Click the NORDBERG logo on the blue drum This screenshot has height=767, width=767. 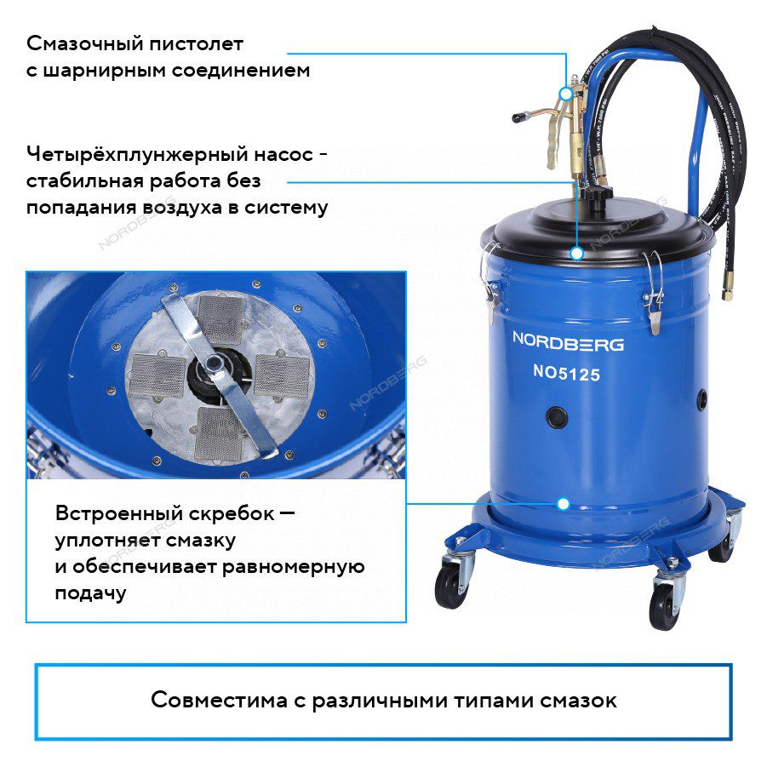point(568,341)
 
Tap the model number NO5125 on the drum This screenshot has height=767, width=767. point(566,374)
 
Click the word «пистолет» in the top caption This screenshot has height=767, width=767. point(196,44)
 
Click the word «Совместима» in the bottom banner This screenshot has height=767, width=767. point(219,700)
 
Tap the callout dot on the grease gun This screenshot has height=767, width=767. point(566,94)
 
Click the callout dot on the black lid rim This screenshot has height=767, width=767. point(577,254)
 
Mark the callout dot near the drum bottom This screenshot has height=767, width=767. point(564,504)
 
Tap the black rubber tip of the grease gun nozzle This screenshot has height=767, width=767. point(518,117)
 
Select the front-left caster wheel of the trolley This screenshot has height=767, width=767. point(449,581)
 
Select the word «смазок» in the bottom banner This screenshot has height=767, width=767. point(578,701)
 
